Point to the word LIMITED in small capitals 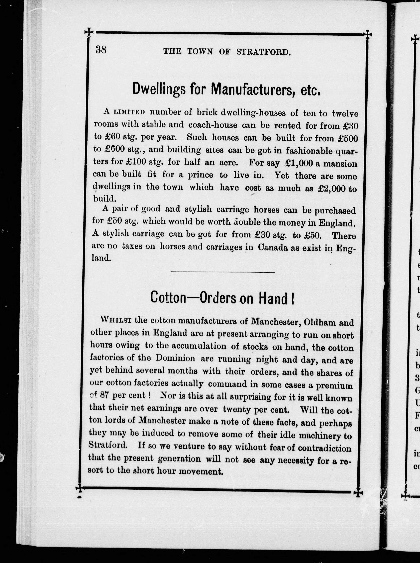click(129, 112)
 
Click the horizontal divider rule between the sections click(223, 273)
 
